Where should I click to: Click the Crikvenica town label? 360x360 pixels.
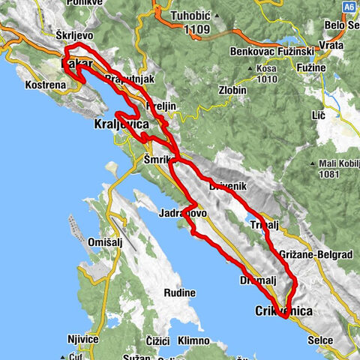283,310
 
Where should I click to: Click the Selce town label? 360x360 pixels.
321,340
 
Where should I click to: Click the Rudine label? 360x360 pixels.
181,292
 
